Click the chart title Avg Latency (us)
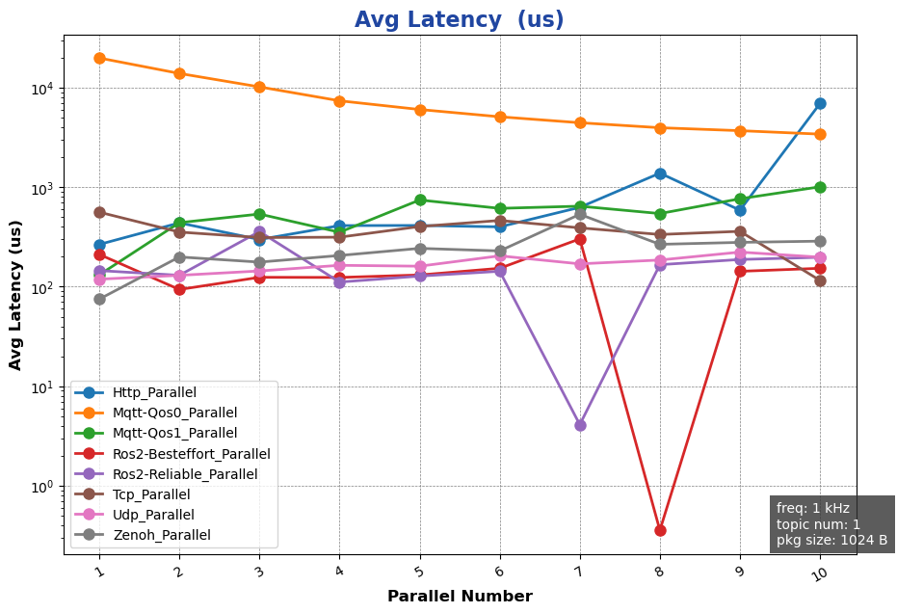click(459, 20)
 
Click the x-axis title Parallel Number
click(460, 597)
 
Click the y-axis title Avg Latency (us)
click(16, 295)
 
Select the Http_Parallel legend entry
click(154, 392)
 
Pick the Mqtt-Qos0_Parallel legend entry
click(174, 413)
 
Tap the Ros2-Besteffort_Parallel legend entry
click(191, 453)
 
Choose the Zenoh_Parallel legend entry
click(161, 535)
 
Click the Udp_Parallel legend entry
click(153, 515)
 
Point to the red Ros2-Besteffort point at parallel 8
click(660, 530)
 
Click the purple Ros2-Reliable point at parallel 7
click(580, 425)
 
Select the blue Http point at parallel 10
click(820, 103)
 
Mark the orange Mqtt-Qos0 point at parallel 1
click(99, 58)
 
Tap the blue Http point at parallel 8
click(660, 173)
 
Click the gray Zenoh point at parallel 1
click(99, 299)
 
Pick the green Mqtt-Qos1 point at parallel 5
click(420, 200)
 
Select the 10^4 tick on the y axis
click(46, 89)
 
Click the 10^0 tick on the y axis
click(46, 487)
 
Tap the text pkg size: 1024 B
click(831, 540)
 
